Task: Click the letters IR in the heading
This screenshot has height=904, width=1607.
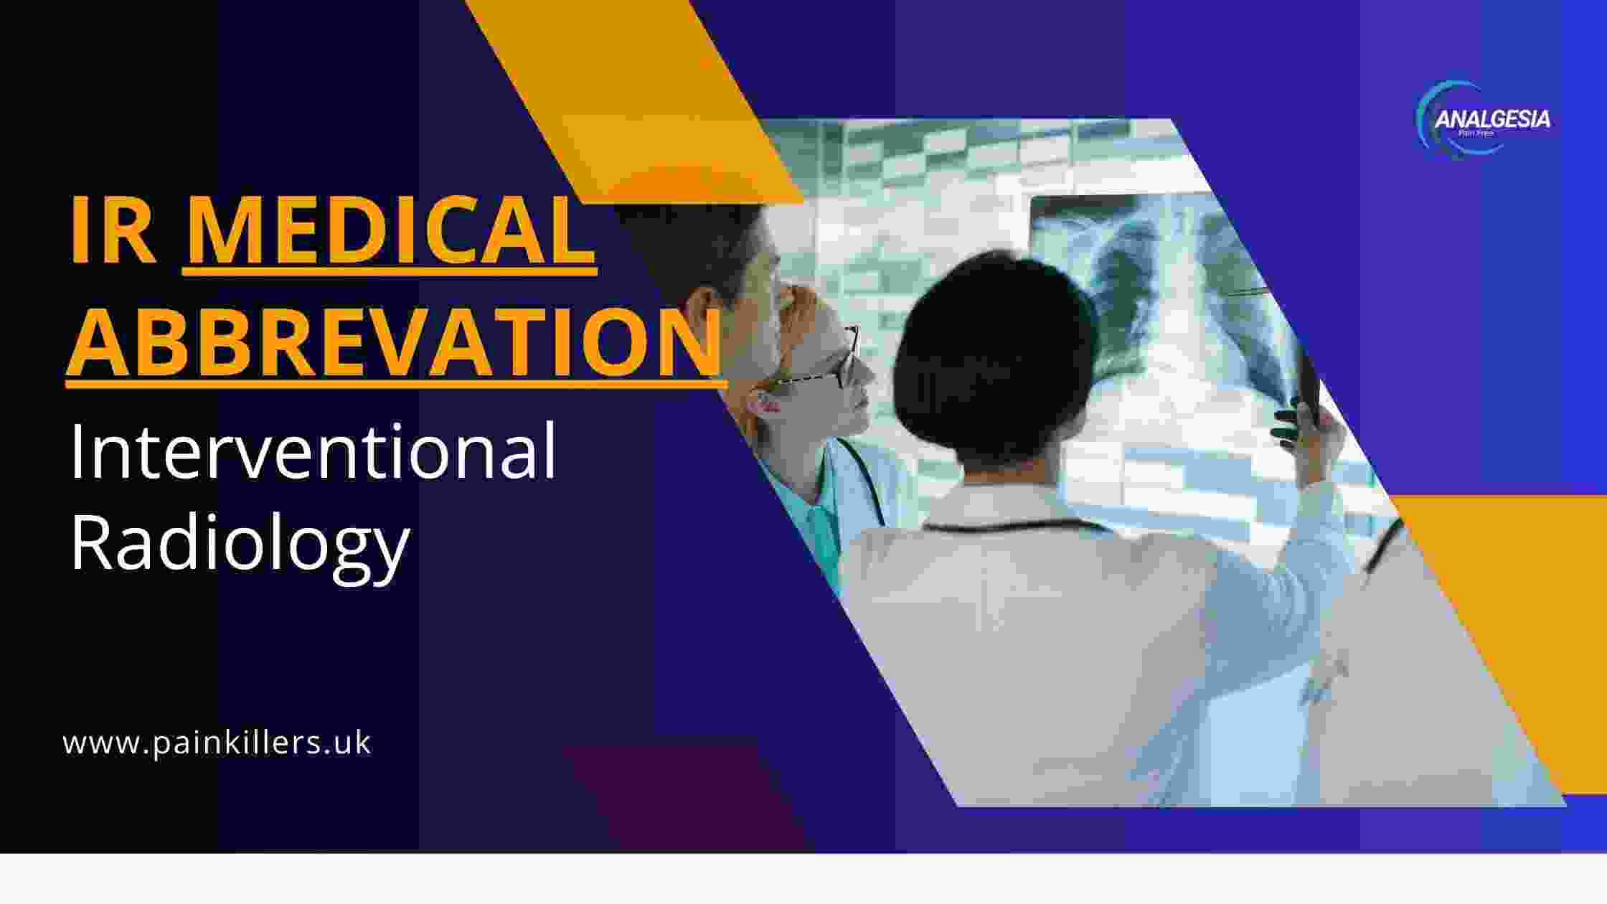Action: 113,231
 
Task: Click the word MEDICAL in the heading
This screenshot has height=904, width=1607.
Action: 390,231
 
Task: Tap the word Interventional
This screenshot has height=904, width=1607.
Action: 313,452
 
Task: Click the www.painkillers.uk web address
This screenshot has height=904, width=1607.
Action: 217,743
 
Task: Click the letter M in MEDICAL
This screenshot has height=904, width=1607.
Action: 225,231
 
